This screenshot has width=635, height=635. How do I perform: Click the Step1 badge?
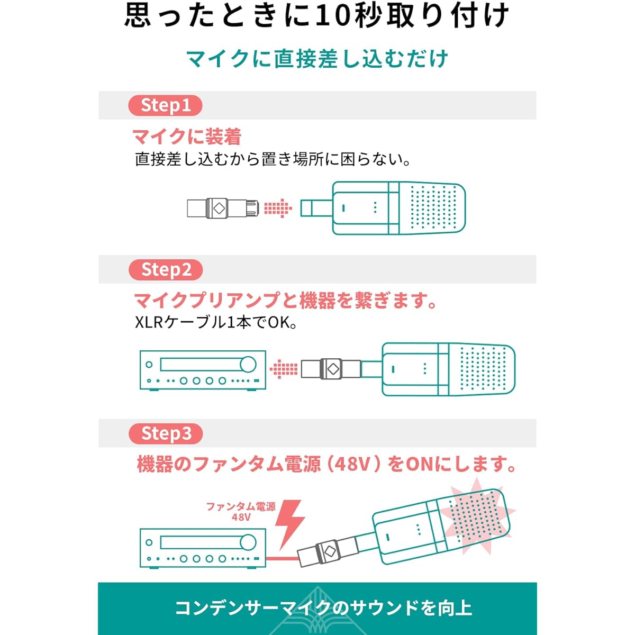coord(165,105)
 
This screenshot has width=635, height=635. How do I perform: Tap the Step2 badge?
coord(166,269)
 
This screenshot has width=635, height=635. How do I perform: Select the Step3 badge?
coord(166,433)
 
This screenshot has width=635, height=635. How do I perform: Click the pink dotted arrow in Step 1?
coord(278,208)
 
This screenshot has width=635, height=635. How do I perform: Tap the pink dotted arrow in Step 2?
coord(284,369)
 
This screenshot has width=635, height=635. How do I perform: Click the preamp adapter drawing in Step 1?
coord(223,208)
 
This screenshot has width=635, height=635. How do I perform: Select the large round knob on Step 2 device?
coord(248,365)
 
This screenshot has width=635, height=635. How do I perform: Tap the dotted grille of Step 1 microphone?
coord(433,207)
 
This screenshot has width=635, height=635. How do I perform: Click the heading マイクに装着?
coord(187,137)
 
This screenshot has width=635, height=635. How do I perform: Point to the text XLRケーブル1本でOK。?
coord(216,323)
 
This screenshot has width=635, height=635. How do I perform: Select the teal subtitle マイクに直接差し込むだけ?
coord(317,59)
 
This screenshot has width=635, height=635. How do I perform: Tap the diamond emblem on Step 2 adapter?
coord(333,369)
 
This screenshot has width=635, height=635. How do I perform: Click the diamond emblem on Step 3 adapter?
coord(329,550)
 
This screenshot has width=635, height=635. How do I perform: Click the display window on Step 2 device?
coord(202,365)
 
